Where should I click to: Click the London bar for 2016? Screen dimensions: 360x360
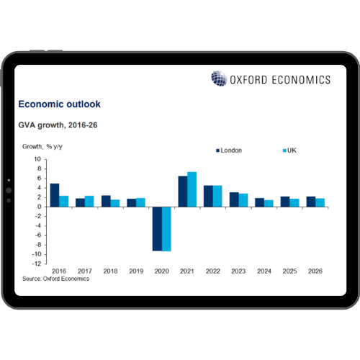pos(54,195)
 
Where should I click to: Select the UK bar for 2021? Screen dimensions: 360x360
pos(192,189)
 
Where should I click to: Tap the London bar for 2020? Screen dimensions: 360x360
pos(156,228)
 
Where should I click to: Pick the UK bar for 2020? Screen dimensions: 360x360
pos(166,228)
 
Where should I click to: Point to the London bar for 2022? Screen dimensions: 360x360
pos(208,196)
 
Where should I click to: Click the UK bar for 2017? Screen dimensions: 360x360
pos(89,201)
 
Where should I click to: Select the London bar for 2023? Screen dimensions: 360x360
pos(234,199)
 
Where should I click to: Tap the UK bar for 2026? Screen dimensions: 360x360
pos(320,202)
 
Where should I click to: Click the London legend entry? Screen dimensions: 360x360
pos(229,150)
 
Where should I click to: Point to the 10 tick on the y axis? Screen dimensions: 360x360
pos(37,159)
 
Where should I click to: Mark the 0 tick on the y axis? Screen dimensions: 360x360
pos(39,207)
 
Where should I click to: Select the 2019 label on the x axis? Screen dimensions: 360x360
pos(135,271)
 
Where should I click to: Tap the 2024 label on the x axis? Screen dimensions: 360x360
pos(264,271)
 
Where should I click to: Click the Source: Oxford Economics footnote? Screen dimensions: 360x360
pos(55,279)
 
